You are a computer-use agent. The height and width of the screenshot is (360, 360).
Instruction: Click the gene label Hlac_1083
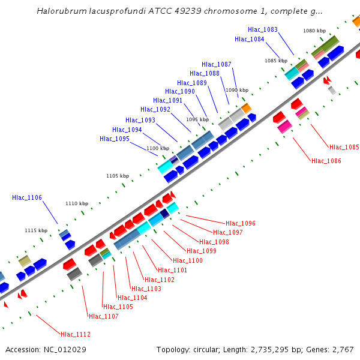point(263,29)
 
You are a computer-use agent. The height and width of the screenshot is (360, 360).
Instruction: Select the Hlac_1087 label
point(217,64)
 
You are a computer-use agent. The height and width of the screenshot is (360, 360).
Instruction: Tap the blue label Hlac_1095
point(115,139)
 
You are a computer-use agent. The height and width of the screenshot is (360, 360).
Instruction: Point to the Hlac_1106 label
point(27,197)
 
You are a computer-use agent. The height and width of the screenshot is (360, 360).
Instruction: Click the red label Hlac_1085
point(344,147)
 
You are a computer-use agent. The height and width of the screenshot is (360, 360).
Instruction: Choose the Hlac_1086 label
point(326,160)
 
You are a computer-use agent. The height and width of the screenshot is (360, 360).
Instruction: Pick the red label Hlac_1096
point(241,223)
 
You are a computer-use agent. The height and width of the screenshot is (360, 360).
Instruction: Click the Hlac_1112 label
point(76,334)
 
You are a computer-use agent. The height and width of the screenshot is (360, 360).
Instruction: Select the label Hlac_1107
point(104,316)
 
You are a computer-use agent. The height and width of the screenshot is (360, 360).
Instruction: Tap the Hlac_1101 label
point(173,270)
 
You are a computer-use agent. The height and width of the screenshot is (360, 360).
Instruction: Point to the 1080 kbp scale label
point(314,30)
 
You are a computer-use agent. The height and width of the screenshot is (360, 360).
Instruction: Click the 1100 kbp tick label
point(158,148)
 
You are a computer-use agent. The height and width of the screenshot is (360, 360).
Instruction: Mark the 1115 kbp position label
point(36,230)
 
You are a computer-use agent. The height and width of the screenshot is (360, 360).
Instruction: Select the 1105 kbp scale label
point(118,176)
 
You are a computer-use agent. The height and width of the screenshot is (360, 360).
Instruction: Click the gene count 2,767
point(341,349)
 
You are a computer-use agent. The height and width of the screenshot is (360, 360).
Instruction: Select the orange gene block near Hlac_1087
point(246,107)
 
